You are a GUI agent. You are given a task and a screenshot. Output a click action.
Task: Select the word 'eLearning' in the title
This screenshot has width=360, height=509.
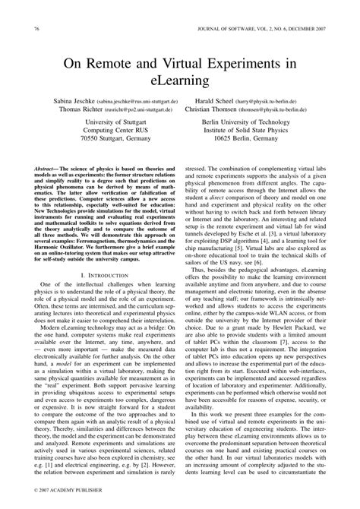point(180,81)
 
